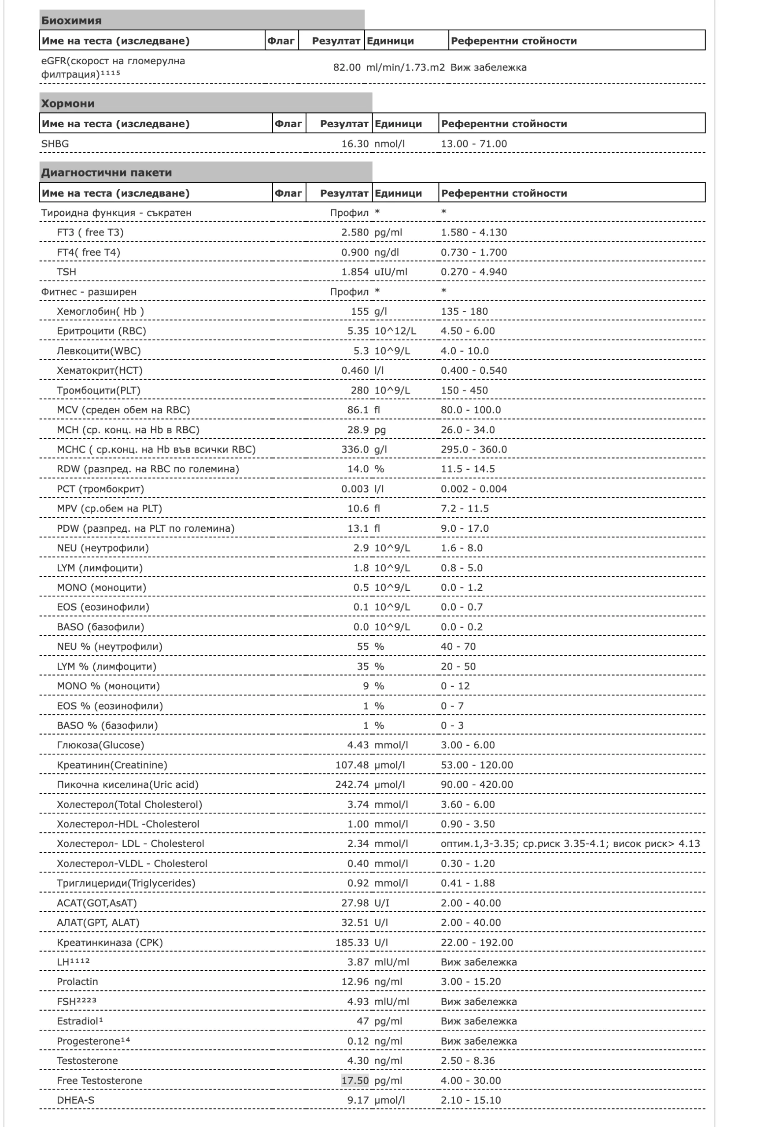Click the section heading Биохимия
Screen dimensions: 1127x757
(x=71, y=20)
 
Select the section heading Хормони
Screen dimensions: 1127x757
(x=68, y=103)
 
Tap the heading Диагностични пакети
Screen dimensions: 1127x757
(x=106, y=172)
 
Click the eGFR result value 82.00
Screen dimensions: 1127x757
(x=347, y=67)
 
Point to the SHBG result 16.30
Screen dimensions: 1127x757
(x=355, y=144)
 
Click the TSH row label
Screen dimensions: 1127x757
(x=66, y=272)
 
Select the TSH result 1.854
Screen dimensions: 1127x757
(x=355, y=272)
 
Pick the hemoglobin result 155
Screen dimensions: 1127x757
(x=360, y=311)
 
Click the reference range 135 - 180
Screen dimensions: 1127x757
(x=464, y=311)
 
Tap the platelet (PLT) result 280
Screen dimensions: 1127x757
(x=360, y=390)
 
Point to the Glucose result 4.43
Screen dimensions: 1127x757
(x=358, y=745)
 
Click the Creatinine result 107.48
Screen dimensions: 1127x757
(x=352, y=765)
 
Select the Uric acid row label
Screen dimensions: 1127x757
(x=127, y=784)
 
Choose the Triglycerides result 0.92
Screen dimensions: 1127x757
(x=358, y=883)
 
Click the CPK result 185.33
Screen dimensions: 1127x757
(x=352, y=942)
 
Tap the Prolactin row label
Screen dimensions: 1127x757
(x=77, y=981)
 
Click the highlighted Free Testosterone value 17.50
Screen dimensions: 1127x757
(x=355, y=1080)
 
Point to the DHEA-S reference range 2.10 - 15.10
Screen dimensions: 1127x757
(x=471, y=1100)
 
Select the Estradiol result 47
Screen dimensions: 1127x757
(x=362, y=1021)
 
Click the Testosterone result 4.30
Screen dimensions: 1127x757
(x=358, y=1061)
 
